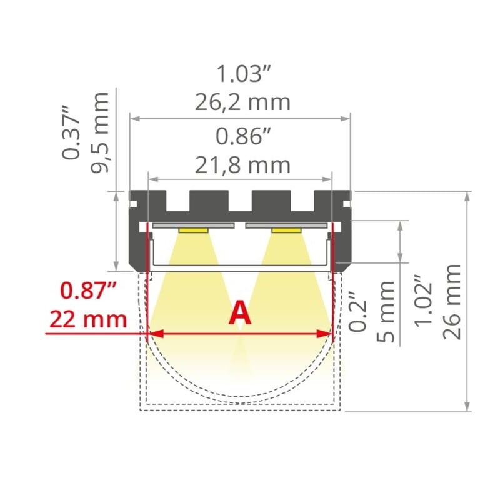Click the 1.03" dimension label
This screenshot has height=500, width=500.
click(x=243, y=74)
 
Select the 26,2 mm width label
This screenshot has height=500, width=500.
click(x=242, y=102)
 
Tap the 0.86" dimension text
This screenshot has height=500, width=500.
click(x=243, y=136)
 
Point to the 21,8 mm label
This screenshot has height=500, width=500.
click(x=242, y=165)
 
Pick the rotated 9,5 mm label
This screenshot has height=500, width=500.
click(x=100, y=133)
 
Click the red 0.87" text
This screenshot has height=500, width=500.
click(x=88, y=291)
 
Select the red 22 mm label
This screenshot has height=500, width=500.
click(x=88, y=319)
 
